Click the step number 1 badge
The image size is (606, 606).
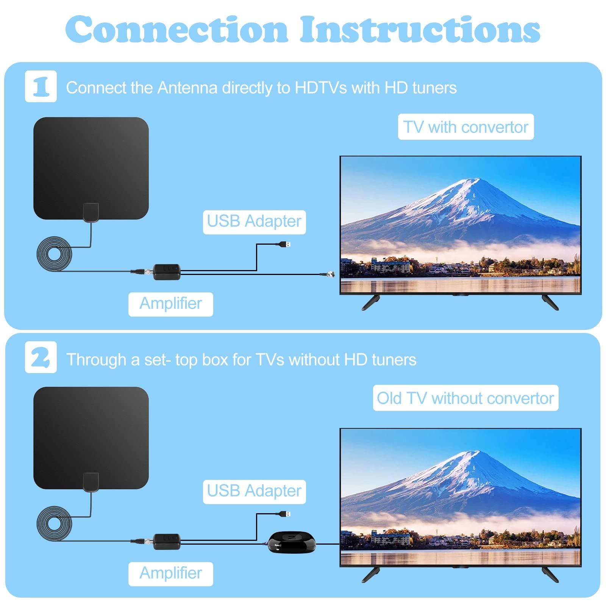[41, 86]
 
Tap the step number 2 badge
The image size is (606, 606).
[41, 357]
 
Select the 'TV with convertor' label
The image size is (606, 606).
[465, 127]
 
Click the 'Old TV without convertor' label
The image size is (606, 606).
[465, 398]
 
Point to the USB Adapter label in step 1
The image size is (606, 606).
[254, 222]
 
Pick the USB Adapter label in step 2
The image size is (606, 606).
[254, 492]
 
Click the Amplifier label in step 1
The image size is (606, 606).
[170, 304]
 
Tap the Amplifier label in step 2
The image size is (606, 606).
[170, 574]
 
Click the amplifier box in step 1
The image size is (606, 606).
[167, 272]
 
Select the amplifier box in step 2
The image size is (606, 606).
[167, 542]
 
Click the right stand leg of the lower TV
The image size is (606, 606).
[550, 574]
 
